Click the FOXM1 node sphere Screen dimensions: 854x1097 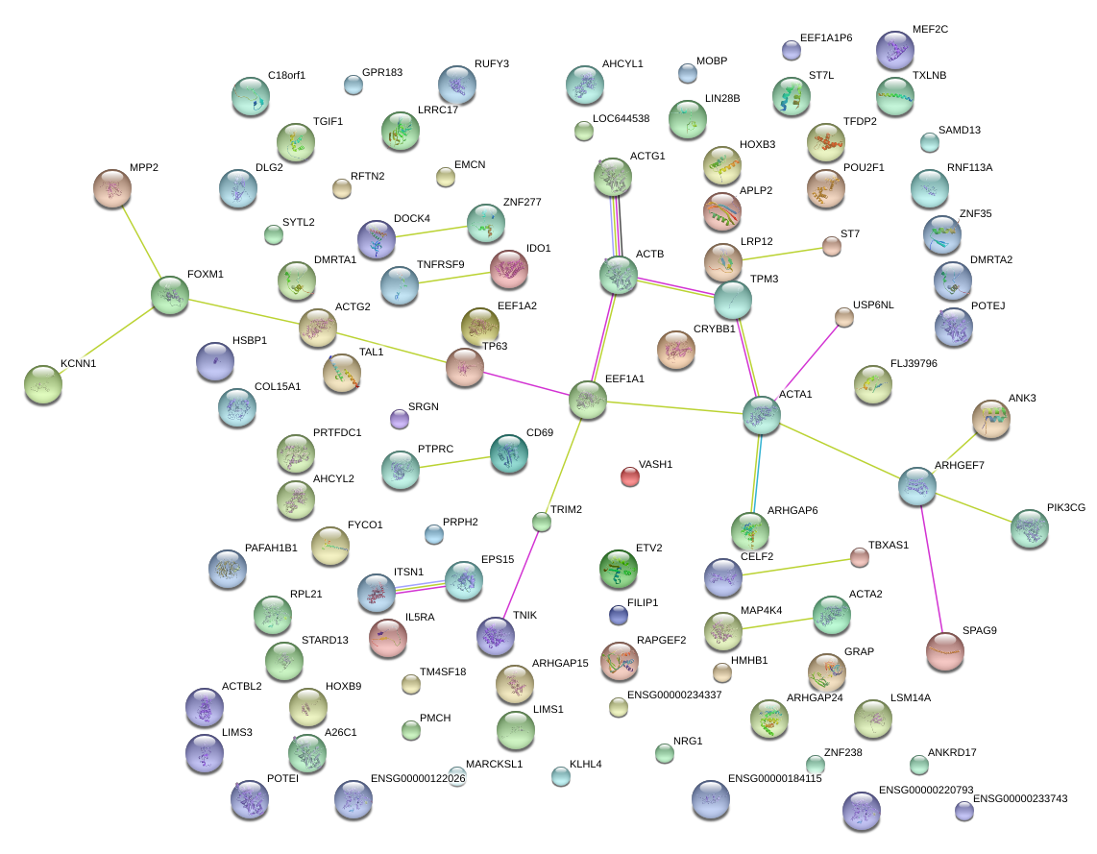click(170, 295)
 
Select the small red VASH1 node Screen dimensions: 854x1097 click(629, 476)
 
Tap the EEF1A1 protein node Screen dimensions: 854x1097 click(588, 401)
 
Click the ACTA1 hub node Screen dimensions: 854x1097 click(762, 414)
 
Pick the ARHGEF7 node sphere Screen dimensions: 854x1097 click(917, 487)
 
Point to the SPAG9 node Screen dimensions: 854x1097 click(945, 651)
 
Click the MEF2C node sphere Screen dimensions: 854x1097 click(895, 50)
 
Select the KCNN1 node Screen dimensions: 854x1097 click(42, 384)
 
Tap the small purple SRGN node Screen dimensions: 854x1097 click(400, 419)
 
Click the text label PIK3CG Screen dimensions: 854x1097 click(1066, 508)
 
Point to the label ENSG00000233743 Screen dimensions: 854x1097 click(1020, 798)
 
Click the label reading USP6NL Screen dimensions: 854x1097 click(873, 305)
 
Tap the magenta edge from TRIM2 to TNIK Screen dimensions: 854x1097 click(520, 576)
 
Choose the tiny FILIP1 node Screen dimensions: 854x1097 click(619, 614)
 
